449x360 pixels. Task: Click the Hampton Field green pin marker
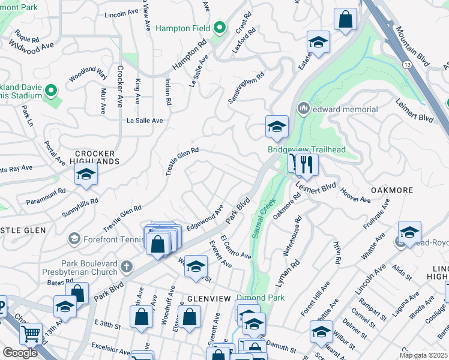pyautogui.click(x=220, y=28)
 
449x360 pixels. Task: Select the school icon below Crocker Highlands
pyautogui.click(x=86, y=175)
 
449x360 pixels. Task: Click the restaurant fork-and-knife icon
pyautogui.click(x=307, y=164)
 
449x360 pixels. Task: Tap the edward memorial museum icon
pyautogui.click(x=303, y=109)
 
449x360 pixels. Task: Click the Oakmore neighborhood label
pyautogui.click(x=391, y=190)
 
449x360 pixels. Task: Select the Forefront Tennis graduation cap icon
pyautogui.click(x=74, y=239)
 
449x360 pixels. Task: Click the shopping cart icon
pyautogui.click(x=31, y=332)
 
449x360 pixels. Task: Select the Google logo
pyautogui.click(x=20, y=352)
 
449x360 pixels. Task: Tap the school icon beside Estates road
pyautogui.click(x=318, y=42)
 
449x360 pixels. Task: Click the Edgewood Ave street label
pyautogui.click(x=205, y=218)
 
